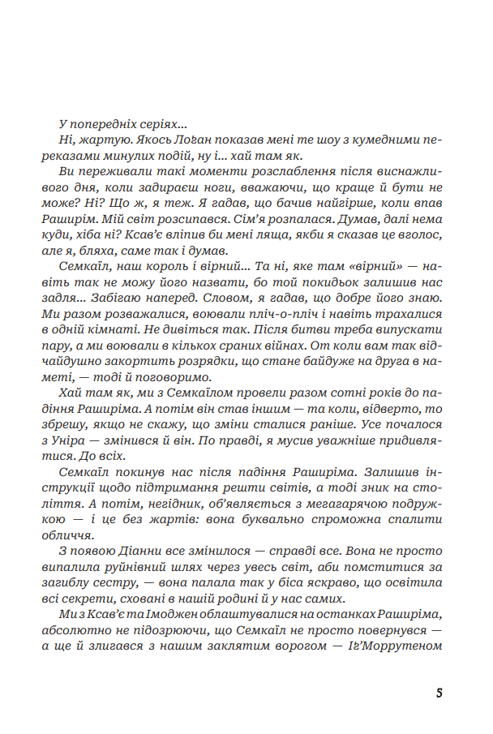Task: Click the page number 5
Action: pyautogui.click(x=439, y=693)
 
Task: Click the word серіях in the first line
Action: pyautogui.click(x=164, y=124)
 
